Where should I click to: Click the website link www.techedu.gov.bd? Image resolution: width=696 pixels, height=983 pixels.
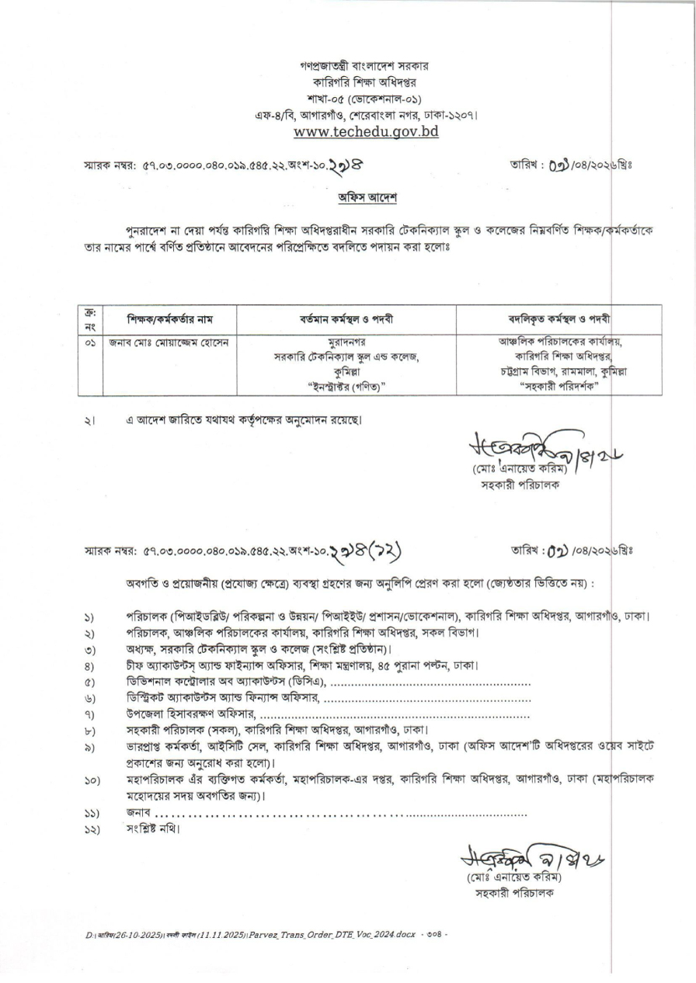point(367,131)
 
